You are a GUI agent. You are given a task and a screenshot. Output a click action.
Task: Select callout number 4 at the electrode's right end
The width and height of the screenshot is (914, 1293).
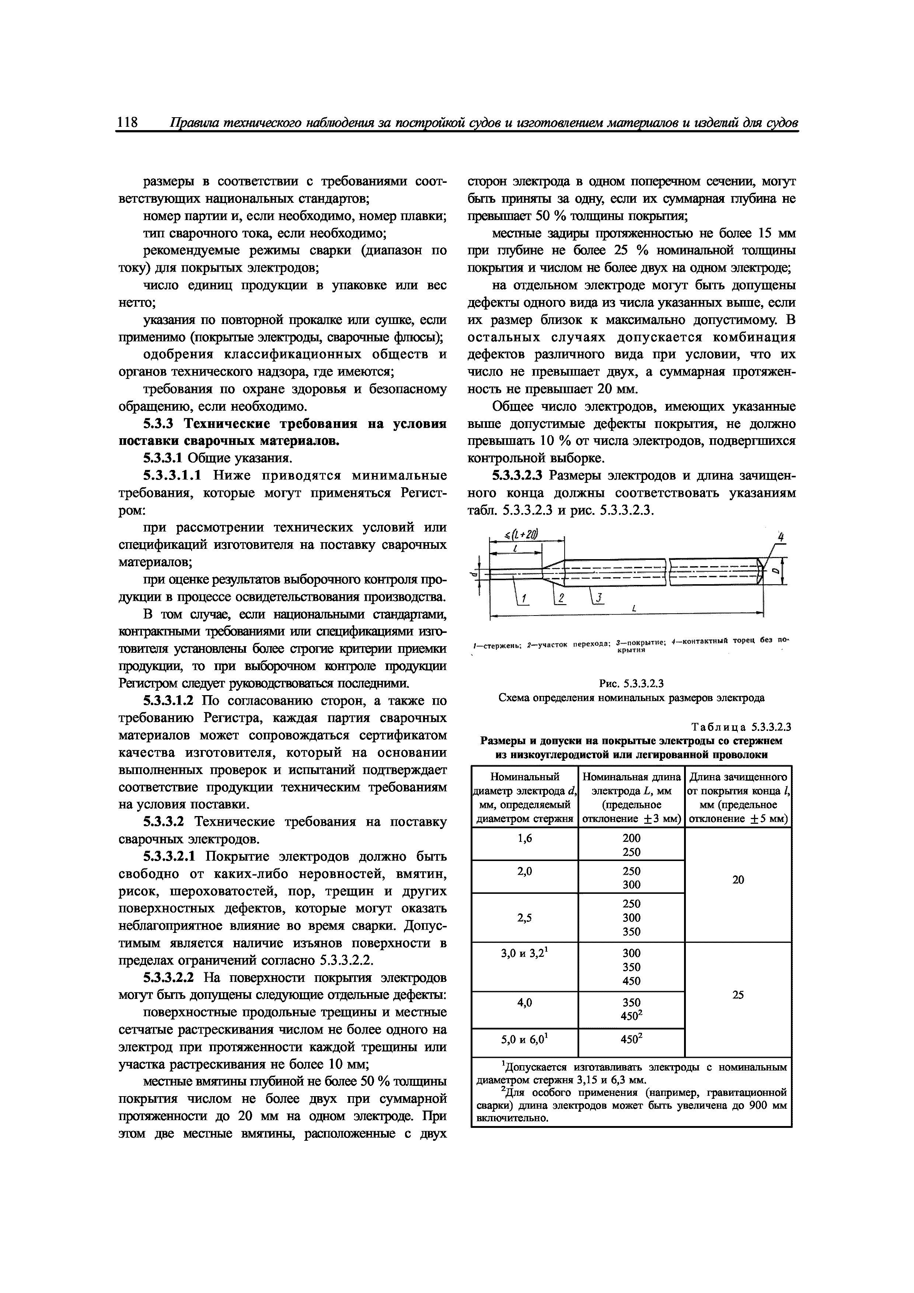pyautogui.click(x=781, y=537)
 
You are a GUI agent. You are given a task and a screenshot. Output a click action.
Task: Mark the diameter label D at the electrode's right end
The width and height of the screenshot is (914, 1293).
pyautogui.click(x=775, y=571)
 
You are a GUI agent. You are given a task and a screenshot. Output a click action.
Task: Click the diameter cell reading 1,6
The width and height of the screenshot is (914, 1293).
pyautogui.click(x=524, y=838)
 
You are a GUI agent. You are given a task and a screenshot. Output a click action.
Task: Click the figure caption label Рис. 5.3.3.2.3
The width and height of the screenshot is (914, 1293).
pyautogui.click(x=632, y=684)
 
